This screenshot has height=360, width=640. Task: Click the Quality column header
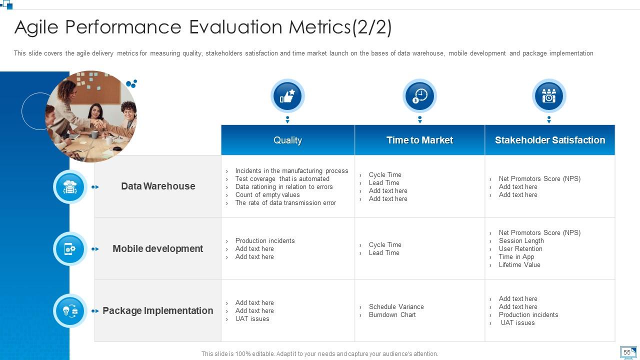287,140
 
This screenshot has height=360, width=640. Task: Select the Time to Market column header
419,140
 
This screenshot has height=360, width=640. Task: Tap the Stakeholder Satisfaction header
549,140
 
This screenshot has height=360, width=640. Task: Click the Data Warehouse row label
158,186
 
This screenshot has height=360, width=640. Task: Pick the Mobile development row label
157,248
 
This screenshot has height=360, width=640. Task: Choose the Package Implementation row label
157,310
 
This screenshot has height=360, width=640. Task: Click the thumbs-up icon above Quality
287,96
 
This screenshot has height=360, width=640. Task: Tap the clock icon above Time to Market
419,96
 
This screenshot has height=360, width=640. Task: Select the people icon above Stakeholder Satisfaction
549,96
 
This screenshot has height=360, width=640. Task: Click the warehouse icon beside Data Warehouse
70,187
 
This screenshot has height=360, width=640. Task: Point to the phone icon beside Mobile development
70,248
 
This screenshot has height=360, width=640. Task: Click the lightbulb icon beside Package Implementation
70,310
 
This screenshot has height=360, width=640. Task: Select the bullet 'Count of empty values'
267,195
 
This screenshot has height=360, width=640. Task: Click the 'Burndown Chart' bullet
392,315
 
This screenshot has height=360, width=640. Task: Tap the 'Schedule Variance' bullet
396,307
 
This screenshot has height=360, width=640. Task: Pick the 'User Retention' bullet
520,249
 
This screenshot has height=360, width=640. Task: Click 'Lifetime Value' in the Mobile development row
519,265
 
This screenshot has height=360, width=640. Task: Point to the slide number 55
627,352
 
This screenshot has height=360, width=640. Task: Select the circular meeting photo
91,116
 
